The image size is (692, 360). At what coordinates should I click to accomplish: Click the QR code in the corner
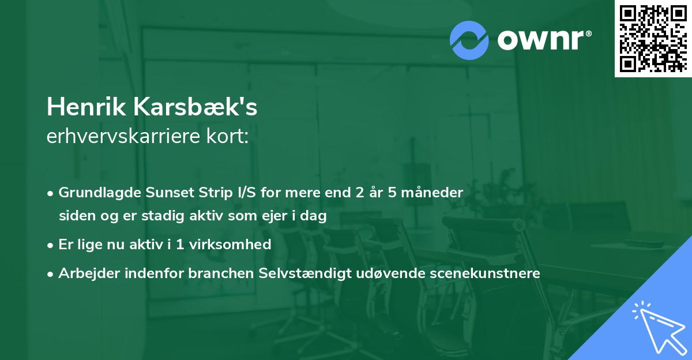[x=653, y=38]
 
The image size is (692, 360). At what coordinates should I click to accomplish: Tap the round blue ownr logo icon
[x=469, y=40]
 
